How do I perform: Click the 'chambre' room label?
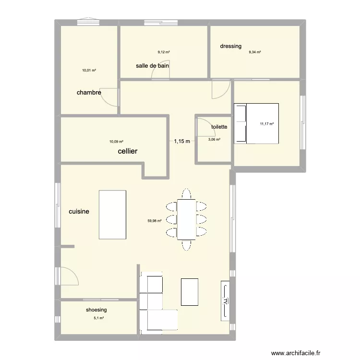point(89,93)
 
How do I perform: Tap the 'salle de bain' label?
point(152,66)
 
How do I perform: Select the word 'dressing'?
point(230,47)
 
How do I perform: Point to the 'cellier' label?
point(128,151)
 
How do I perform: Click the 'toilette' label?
point(219,127)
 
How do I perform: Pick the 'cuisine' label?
point(79,211)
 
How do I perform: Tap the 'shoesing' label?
point(96,310)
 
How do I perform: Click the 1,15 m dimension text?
point(182,141)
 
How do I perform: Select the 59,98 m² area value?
point(155,221)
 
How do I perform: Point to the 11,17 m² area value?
point(266,124)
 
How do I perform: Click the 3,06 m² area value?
point(214,140)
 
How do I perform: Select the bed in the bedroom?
point(256,123)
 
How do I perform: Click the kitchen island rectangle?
point(113,215)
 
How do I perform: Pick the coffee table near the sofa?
point(190,291)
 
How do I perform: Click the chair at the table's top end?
point(186,193)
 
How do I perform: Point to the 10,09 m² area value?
point(116,142)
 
